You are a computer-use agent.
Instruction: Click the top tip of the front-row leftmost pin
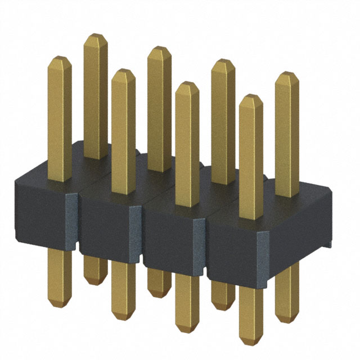(59, 57)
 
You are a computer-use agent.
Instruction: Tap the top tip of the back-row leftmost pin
(96, 35)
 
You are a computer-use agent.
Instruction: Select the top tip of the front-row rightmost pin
(251, 97)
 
